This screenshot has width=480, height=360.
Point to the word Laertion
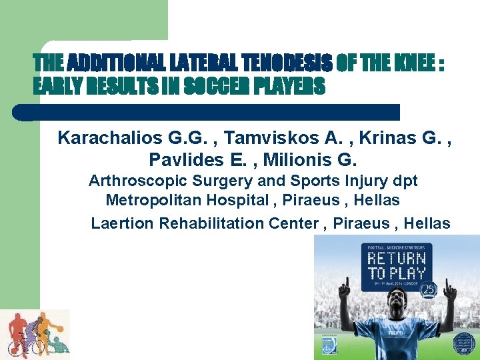pos(122,223)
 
